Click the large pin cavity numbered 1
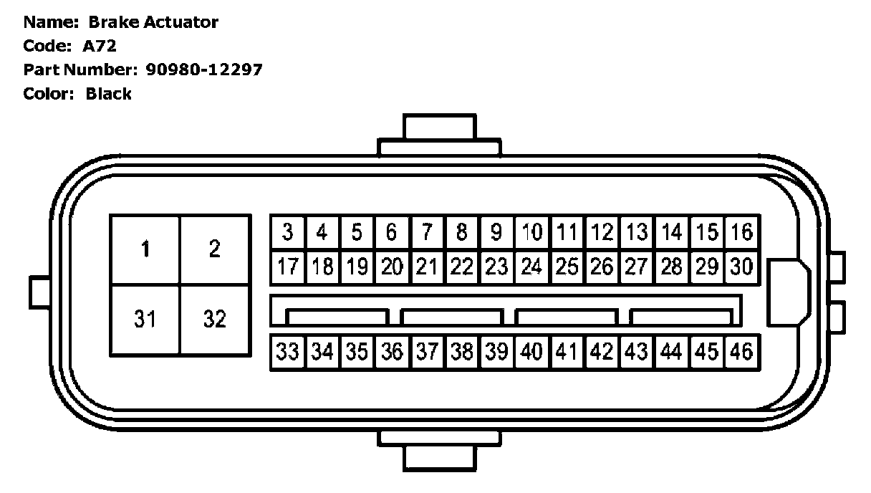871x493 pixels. tap(145, 249)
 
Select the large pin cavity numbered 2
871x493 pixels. tap(215, 249)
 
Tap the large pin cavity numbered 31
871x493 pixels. tap(145, 319)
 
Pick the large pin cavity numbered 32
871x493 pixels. tap(215, 319)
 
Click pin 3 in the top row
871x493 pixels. tap(287, 232)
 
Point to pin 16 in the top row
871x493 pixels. tap(741, 232)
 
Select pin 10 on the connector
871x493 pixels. tap(531, 232)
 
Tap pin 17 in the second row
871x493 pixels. tap(287, 267)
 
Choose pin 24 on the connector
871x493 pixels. tap(531, 267)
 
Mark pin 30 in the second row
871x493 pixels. tap(741, 267)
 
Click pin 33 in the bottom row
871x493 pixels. tap(287, 352)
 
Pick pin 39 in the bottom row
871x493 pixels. tap(496, 352)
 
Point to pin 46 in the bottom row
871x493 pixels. tap(741, 352)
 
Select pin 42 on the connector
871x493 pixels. tap(602, 352)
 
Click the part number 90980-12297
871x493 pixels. tap(204, 70)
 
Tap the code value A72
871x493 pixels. tap(100, 47)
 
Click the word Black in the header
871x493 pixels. tap(109, 94)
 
